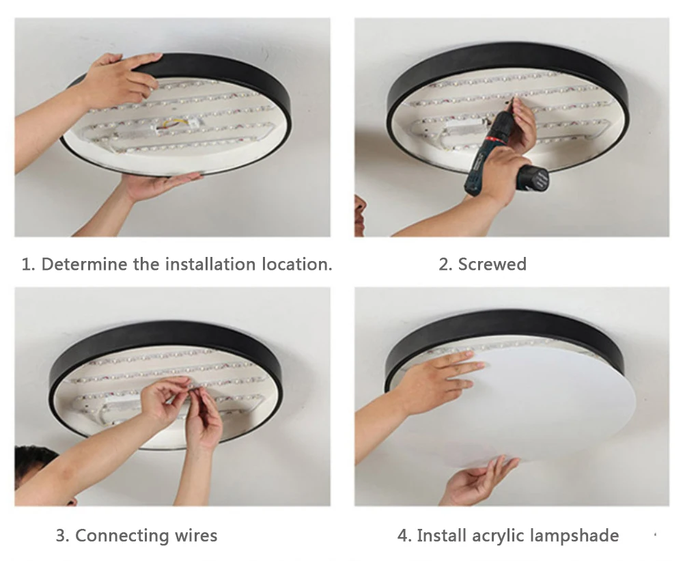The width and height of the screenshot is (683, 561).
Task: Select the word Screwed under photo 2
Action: pos(492,264)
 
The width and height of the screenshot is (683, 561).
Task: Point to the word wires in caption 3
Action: pos(196,536)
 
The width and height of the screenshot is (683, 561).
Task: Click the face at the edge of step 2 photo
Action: pos(360,215)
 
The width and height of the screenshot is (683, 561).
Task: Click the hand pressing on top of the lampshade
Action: pos(440,379)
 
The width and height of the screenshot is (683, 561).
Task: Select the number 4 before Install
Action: pos(404,536)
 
